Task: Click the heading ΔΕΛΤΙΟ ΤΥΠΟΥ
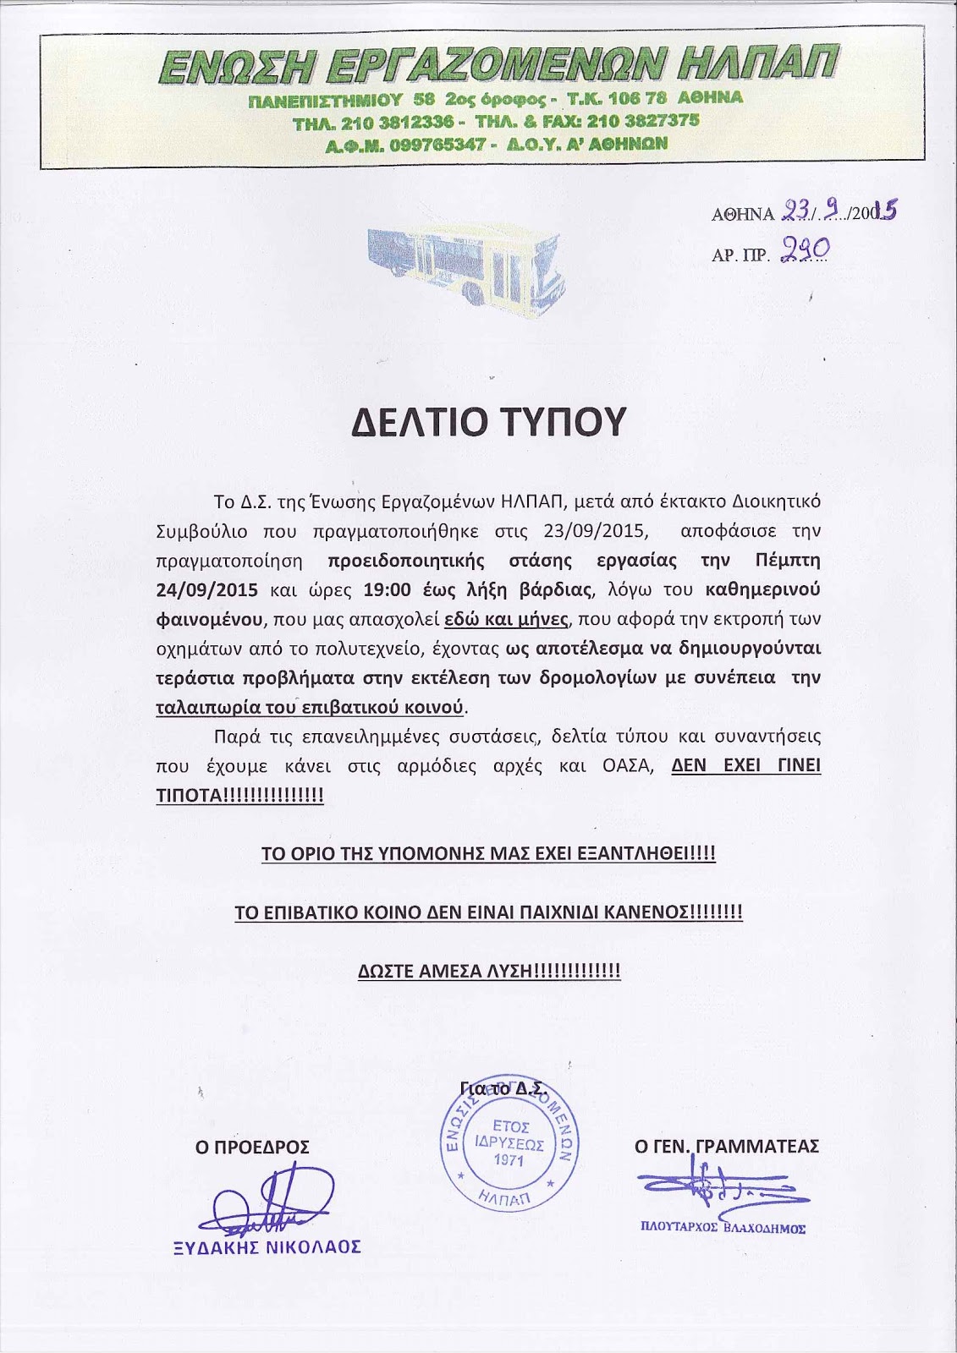[x=488, y=421]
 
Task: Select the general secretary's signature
[x=719, y=1188]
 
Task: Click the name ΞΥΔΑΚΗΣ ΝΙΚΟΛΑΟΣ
[x=267, y=1247]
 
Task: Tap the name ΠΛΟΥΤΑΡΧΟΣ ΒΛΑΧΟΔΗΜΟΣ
[x=723, y=1228]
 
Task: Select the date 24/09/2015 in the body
[x=206, y=589]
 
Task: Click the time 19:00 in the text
[x=388, y=589]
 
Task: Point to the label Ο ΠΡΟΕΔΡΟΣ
[x=252, y=1148]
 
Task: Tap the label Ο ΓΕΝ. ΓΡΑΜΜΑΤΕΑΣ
[x=727, y=1147]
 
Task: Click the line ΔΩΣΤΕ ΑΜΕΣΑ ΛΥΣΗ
[x=489, y=971]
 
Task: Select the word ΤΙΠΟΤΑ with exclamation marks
[x=239, y=796]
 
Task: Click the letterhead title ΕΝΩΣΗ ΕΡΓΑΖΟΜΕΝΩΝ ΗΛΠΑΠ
[x=498, y=67]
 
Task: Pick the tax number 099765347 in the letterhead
[x=432, y=145]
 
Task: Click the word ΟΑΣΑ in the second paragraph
[x=627, y=766]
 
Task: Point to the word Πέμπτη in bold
[x=788, y=561]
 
